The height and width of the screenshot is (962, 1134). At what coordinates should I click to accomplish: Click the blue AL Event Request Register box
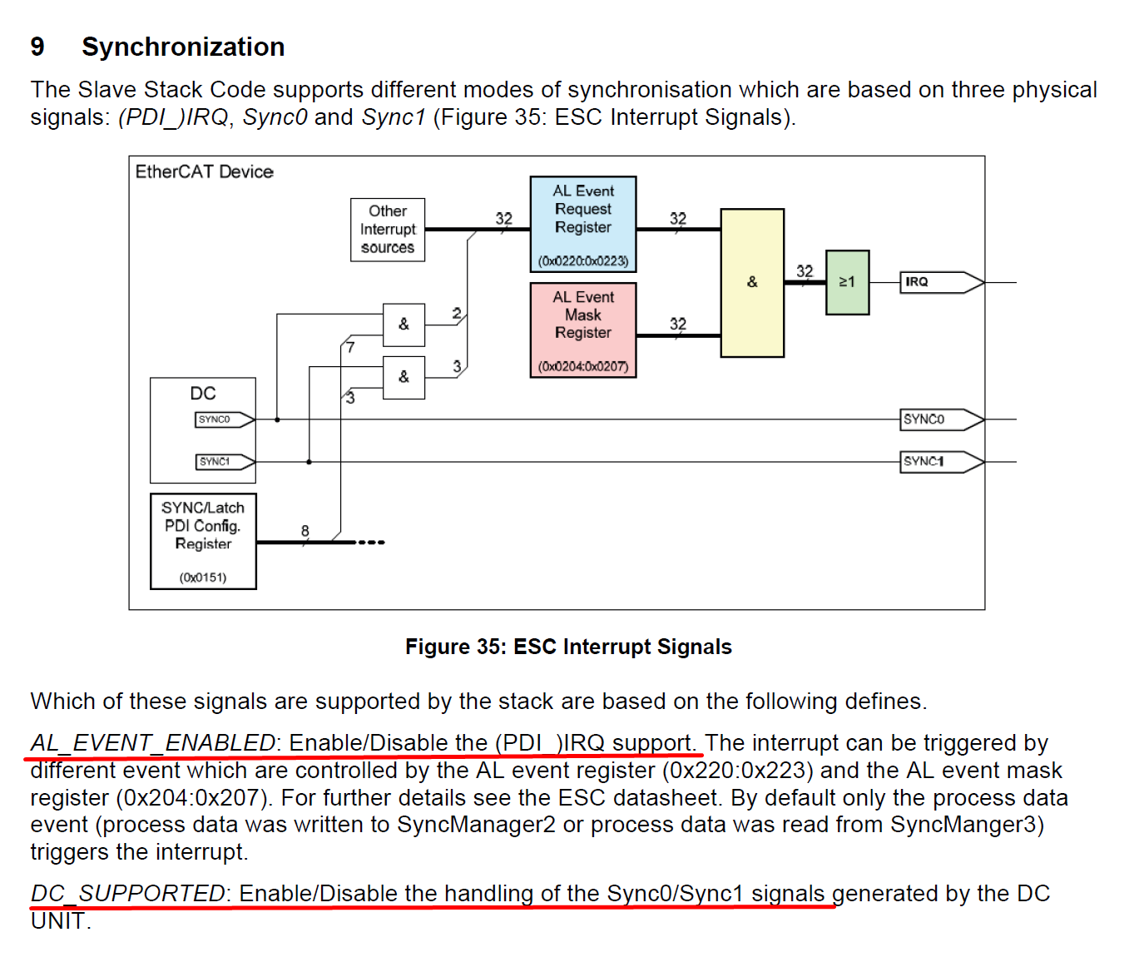click(582, 223)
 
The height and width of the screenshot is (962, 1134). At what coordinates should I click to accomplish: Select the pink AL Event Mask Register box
click(582, 330)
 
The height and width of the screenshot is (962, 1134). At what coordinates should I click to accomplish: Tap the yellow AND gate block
click(752, 282)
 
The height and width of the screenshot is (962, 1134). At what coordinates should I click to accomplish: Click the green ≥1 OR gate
click(847, 282)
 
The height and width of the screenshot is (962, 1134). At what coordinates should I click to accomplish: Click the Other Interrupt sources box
click(388, 230)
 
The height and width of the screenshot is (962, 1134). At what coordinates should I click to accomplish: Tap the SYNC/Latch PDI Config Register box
click(203, 541)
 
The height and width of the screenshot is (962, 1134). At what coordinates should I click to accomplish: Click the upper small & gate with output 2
click(404, 325)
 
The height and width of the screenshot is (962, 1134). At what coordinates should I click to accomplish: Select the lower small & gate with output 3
click(404, 377)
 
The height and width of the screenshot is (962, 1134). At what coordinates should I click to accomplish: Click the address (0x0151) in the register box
click(203, 578)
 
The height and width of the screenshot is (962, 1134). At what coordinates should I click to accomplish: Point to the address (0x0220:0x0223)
click(582, 261)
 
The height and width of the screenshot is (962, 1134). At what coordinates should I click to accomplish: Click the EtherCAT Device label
click(205, 171)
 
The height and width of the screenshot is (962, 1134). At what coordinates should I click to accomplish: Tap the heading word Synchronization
click(183, 47)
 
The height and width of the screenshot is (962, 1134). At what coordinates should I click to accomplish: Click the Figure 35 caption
click(568, 647)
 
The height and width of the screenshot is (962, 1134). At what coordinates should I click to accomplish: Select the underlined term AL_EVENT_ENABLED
click(153, 742)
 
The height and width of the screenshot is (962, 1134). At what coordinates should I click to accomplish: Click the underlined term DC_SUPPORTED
click(128, 893)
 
